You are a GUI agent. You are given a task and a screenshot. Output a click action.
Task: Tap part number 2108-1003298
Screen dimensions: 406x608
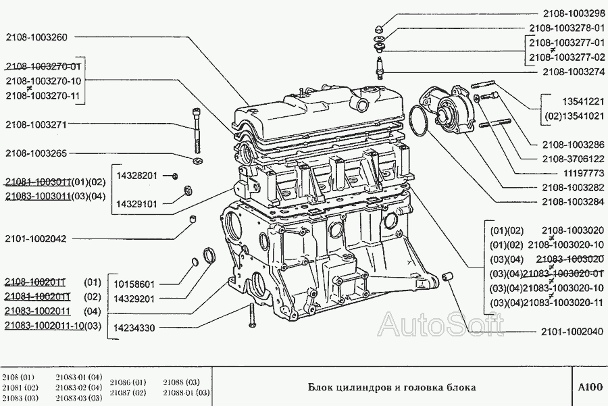coord(573,13)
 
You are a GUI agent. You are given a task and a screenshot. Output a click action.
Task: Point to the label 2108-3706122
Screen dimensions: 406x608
coord(573,159)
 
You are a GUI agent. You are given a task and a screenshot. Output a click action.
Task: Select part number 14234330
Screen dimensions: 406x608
coord(135,328)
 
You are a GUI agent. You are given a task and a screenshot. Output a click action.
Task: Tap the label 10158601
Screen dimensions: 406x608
coord(135,284)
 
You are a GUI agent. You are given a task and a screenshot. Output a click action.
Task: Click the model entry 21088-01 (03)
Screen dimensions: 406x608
coord(186,392)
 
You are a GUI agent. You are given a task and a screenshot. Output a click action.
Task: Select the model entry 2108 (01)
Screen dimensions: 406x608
coord(18,377)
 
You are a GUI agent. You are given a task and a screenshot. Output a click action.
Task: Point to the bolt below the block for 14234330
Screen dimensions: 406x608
coord(250,315)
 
